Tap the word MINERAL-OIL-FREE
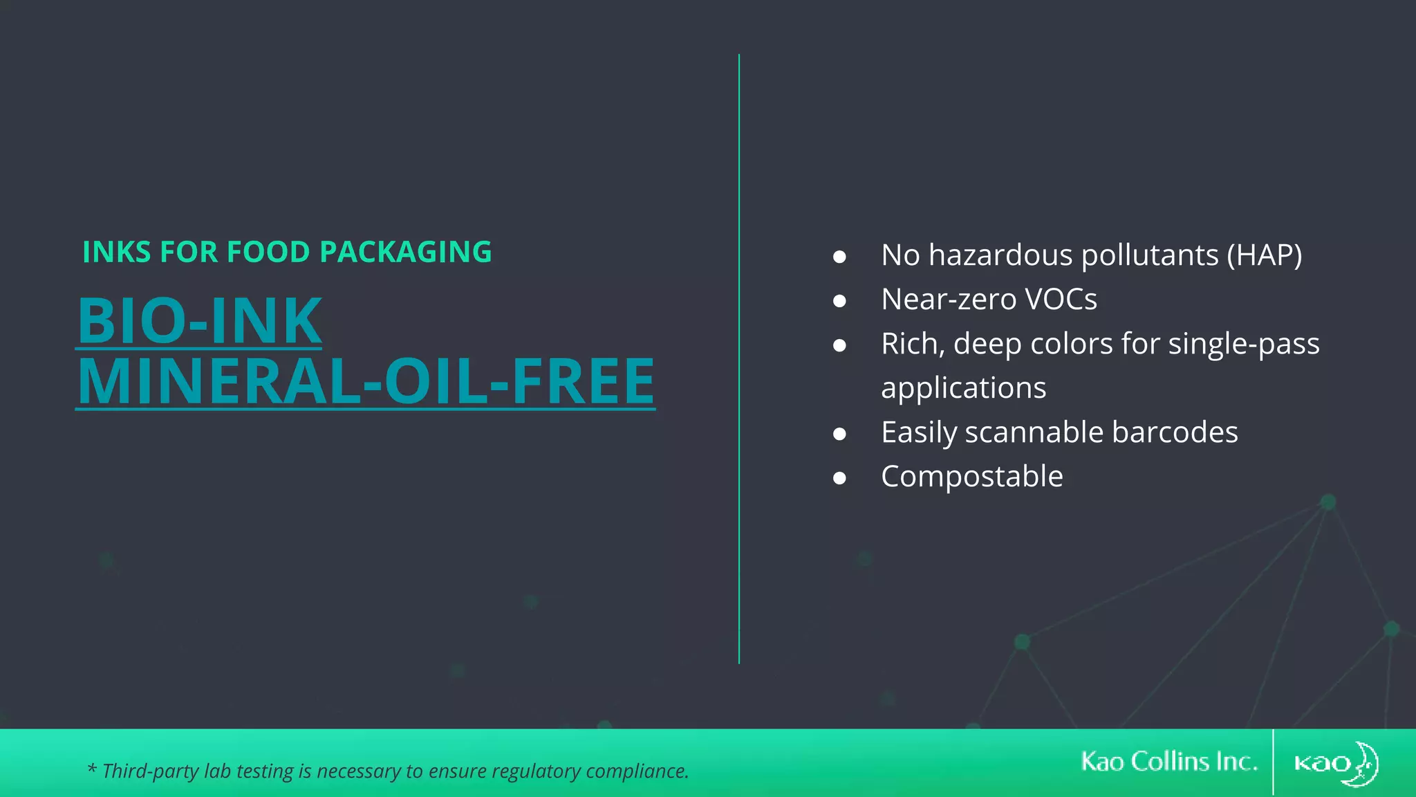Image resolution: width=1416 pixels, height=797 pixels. [366, 381]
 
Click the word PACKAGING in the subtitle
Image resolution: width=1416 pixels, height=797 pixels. [406, 253]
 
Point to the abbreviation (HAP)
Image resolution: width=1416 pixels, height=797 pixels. [1264, 255]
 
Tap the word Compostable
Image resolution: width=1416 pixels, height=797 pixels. [971, 477]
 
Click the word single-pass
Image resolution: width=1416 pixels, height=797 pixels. [1243, 344]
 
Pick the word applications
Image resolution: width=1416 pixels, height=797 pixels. [963, 388]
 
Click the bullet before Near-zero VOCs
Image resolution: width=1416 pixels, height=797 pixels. [839, 301]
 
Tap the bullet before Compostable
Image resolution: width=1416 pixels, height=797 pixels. [839, 478]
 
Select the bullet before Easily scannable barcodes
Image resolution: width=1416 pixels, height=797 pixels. [839, 434]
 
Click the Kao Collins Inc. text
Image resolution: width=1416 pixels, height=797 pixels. [1168, 762]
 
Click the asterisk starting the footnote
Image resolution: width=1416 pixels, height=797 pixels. [91, 769]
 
